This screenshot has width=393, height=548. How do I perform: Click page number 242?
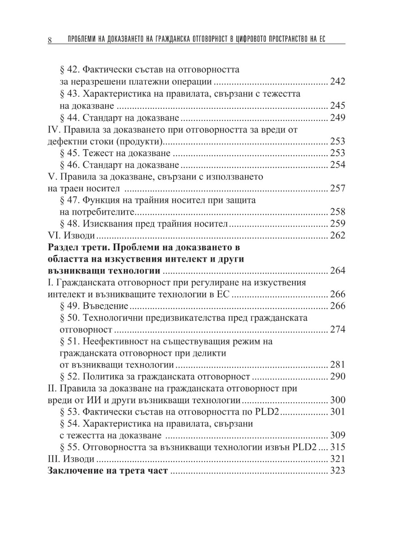pos(337,83)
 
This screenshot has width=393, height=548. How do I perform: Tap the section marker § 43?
pos(69,94)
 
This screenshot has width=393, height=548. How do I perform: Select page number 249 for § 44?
pos(337,118)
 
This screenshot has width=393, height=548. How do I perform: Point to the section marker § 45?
pos(69,153)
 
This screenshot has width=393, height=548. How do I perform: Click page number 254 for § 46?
pos(337,165)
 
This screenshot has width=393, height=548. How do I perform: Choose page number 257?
pos(337,189)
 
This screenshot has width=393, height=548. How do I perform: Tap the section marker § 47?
pos(69,200)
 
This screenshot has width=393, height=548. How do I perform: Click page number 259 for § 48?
pos(337,224)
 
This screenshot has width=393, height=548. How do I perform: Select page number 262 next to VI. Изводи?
pos(337,236)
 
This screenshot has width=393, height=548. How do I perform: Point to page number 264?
pos(337,271)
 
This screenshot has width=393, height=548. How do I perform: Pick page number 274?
pos(337,330)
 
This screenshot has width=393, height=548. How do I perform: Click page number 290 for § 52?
pos(337,377)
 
